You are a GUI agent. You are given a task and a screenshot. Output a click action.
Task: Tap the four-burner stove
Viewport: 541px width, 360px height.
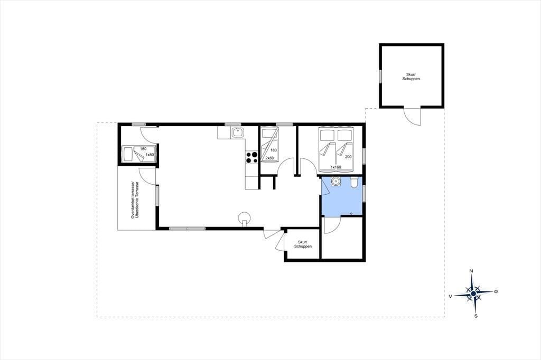point(252,157)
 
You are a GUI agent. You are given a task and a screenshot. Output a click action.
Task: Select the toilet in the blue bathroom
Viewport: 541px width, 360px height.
point(354,183)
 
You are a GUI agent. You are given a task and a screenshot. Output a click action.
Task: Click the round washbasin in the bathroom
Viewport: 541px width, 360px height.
point(335,181)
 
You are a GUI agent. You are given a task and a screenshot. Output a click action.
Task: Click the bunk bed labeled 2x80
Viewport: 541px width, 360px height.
point(269,145)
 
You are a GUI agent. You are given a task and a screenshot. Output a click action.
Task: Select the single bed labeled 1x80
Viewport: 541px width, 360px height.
point(138,154)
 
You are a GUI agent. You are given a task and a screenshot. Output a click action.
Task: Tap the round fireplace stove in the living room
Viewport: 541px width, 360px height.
point(245,217)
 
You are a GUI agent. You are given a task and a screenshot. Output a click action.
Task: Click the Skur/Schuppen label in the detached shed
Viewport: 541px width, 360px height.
point(411,77)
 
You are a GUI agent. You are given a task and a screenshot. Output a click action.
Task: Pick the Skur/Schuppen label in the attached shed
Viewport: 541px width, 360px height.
point(303,244)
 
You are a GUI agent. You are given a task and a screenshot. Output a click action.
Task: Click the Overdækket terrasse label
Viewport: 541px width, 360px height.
point(132,200)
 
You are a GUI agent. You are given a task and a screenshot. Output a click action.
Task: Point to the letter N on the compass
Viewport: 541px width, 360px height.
point(471,271)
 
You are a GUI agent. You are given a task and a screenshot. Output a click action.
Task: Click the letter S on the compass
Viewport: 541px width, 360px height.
point(476,316)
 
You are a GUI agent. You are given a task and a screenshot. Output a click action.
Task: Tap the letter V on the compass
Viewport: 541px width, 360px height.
point(450,296)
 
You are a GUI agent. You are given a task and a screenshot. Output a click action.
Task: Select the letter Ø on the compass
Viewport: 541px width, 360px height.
point(496,292)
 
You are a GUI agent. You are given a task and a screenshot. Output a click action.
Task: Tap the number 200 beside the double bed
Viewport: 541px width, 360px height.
point(348,157)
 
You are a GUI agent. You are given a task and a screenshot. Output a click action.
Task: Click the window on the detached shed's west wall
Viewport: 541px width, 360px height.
point(380,76)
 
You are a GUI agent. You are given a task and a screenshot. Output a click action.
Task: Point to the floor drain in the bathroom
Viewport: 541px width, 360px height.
point(351,214)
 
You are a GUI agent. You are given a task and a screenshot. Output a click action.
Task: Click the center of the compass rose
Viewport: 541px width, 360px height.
point(473,293)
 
